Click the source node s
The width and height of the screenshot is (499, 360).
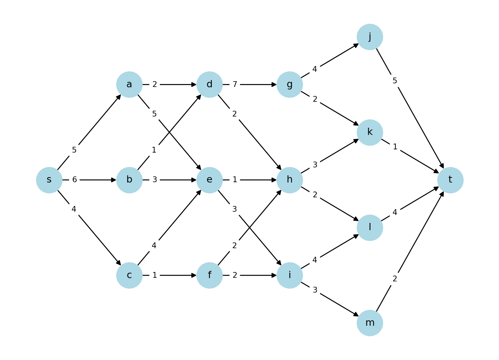click(x=49, y=180)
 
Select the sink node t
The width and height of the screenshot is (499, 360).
click(x=450, y=180)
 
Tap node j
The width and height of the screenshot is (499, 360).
click(x=370, y=37)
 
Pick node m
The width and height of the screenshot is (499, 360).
click(x=370, y=323)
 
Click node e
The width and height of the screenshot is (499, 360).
click(x=209, y=180)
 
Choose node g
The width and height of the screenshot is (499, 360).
click(x=290, y=84)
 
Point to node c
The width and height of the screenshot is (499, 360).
click(x=129, y=275)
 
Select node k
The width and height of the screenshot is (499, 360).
click(x=370, y=132)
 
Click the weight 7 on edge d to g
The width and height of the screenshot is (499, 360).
click(x=235, y=84)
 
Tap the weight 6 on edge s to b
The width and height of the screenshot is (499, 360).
click(x=74, y=180)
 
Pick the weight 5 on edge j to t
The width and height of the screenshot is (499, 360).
click(x=395, y=81)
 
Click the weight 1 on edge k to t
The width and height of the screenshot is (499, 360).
click(x=395, y=147)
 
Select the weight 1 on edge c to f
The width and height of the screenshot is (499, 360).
click(x=155, y=275)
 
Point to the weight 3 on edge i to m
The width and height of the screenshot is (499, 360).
click(x=315, y=290)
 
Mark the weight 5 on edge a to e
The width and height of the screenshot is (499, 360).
click(x=154, y=114)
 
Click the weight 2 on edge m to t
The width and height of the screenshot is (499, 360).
click(x=395, y=279)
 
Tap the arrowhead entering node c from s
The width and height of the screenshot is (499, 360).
click(x=119, y=263)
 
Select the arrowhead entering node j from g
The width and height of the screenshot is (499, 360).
click(x=356, y=45)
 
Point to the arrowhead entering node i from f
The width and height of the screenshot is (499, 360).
click(x=274, y=275)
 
